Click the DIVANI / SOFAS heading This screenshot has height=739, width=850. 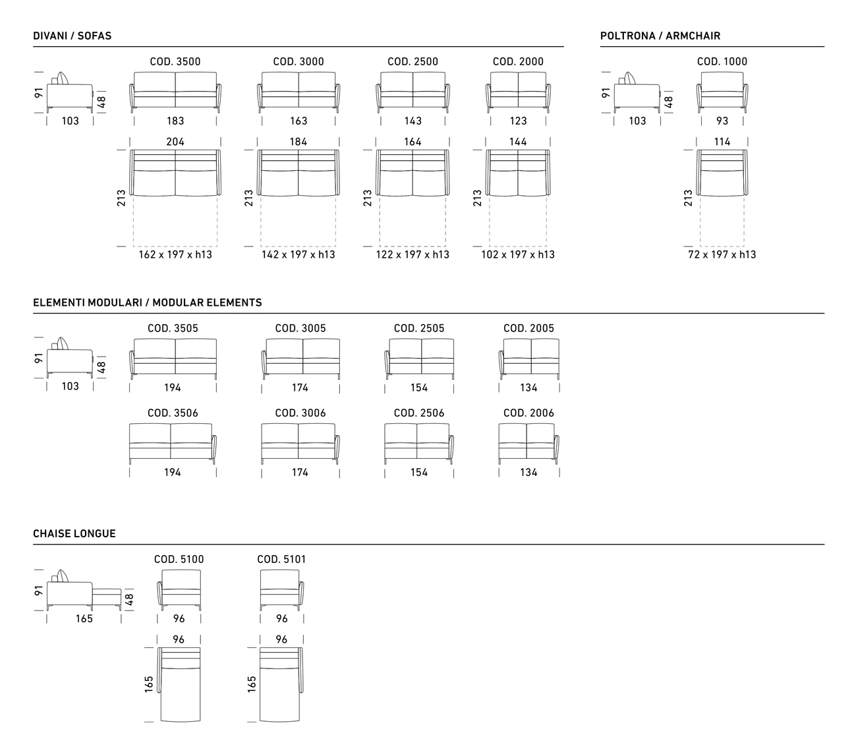click(x=72, y=36)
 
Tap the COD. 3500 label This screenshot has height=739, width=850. click(x=175, y=61)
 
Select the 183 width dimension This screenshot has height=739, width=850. click(x=175, y=121)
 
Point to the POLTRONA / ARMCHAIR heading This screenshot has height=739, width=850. click(x=660, y=36)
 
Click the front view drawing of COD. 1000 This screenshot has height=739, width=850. click(x=722, y=92)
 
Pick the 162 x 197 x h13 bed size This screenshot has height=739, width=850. click(x=175, y=254)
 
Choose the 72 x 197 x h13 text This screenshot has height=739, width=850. click(x=722, y=254)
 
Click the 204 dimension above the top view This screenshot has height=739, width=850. click(x=175, y=142)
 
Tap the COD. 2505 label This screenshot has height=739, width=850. click(x=419, y=328)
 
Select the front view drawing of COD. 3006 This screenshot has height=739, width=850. click(x=300, y=444)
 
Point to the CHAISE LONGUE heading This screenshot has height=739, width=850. click(x=74, y=534)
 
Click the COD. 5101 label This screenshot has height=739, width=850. click(x=281, y=560)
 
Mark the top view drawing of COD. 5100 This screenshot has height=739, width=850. click(x=179, y=684)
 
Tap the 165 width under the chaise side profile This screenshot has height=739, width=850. click(x=84, y=619)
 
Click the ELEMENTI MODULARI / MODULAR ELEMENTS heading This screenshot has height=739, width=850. click(x=148, y=303)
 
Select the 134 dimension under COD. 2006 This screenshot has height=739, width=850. click(x=529, y=473)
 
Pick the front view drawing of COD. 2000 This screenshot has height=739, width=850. click(x=518, y=92)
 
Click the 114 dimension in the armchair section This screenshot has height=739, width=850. click(x=722, y=142)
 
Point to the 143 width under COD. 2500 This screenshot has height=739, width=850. click(x=413, y=121)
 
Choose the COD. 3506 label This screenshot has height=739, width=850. click(x=173, y=413)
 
